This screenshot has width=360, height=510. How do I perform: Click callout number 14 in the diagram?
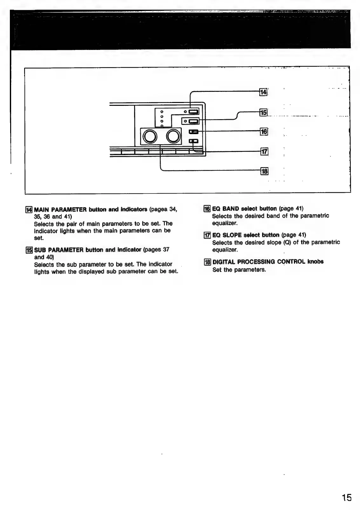(x=263, y=92)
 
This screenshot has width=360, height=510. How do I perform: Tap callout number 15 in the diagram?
(x=263, y=112)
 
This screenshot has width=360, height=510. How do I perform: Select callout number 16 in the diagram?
(x=264, y=132)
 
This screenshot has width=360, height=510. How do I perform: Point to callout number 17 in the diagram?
(x=264, y=152)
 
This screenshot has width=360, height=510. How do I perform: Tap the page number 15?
(x=347, y=497)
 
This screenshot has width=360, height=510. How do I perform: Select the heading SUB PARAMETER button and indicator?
(x=88, y=250)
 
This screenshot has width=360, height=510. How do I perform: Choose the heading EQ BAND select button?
(x=244, y=209)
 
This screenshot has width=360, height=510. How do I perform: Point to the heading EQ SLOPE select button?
(x=246, y=235)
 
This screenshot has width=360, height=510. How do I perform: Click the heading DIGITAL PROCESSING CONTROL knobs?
(x=268, y=262)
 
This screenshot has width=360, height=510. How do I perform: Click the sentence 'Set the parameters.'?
(x=239, y=270)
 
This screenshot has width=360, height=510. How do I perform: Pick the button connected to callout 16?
(x=194, y=132)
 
